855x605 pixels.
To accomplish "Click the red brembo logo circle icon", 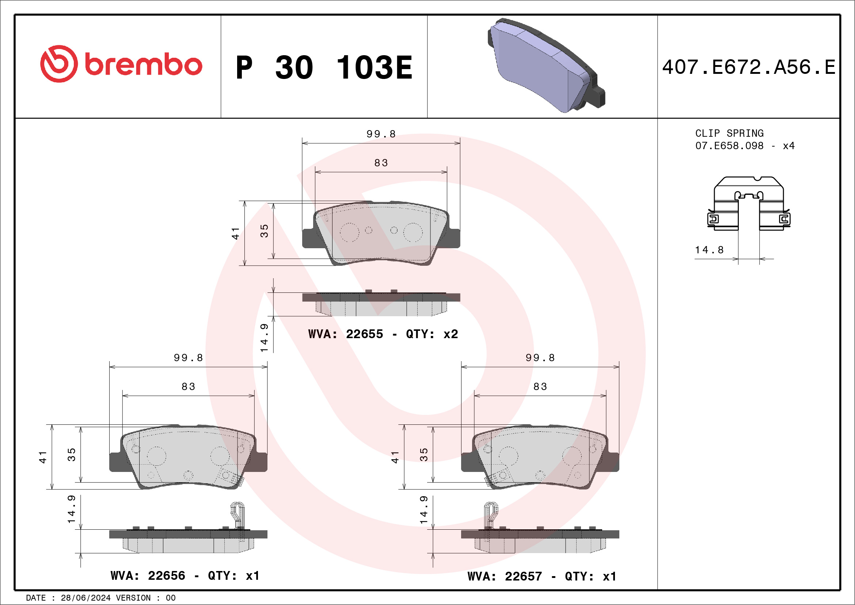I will click(59, 64).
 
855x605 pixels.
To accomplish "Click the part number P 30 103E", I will click(324, 67).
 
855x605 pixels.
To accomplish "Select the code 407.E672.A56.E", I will click(749, 67).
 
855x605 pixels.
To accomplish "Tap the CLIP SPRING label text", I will click(729, 133).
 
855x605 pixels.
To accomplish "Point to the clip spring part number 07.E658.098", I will click(729, 145).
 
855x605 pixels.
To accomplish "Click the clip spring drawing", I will click(749, 203).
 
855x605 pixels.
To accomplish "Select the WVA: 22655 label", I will click(345, 334).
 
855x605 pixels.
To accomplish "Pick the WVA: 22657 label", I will click(505, 577).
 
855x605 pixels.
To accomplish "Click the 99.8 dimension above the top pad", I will click(381, 134).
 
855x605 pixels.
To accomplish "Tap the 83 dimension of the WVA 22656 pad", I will click(189, 387).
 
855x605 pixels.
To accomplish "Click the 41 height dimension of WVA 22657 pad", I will click(395, 457).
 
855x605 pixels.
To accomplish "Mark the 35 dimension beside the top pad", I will click(265, 231).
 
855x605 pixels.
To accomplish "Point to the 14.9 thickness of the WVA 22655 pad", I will click(264, 338).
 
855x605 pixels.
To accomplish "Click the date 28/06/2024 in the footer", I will click(85, 598).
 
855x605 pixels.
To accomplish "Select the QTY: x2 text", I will click(432, 334).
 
